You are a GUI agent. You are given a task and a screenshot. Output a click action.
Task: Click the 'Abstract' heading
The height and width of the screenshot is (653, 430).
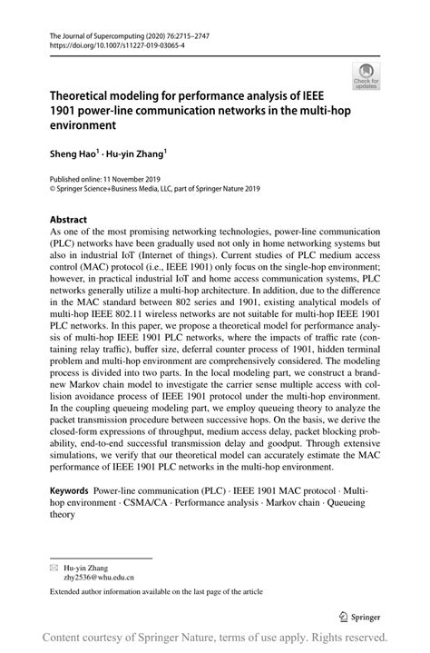coord(55,220)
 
